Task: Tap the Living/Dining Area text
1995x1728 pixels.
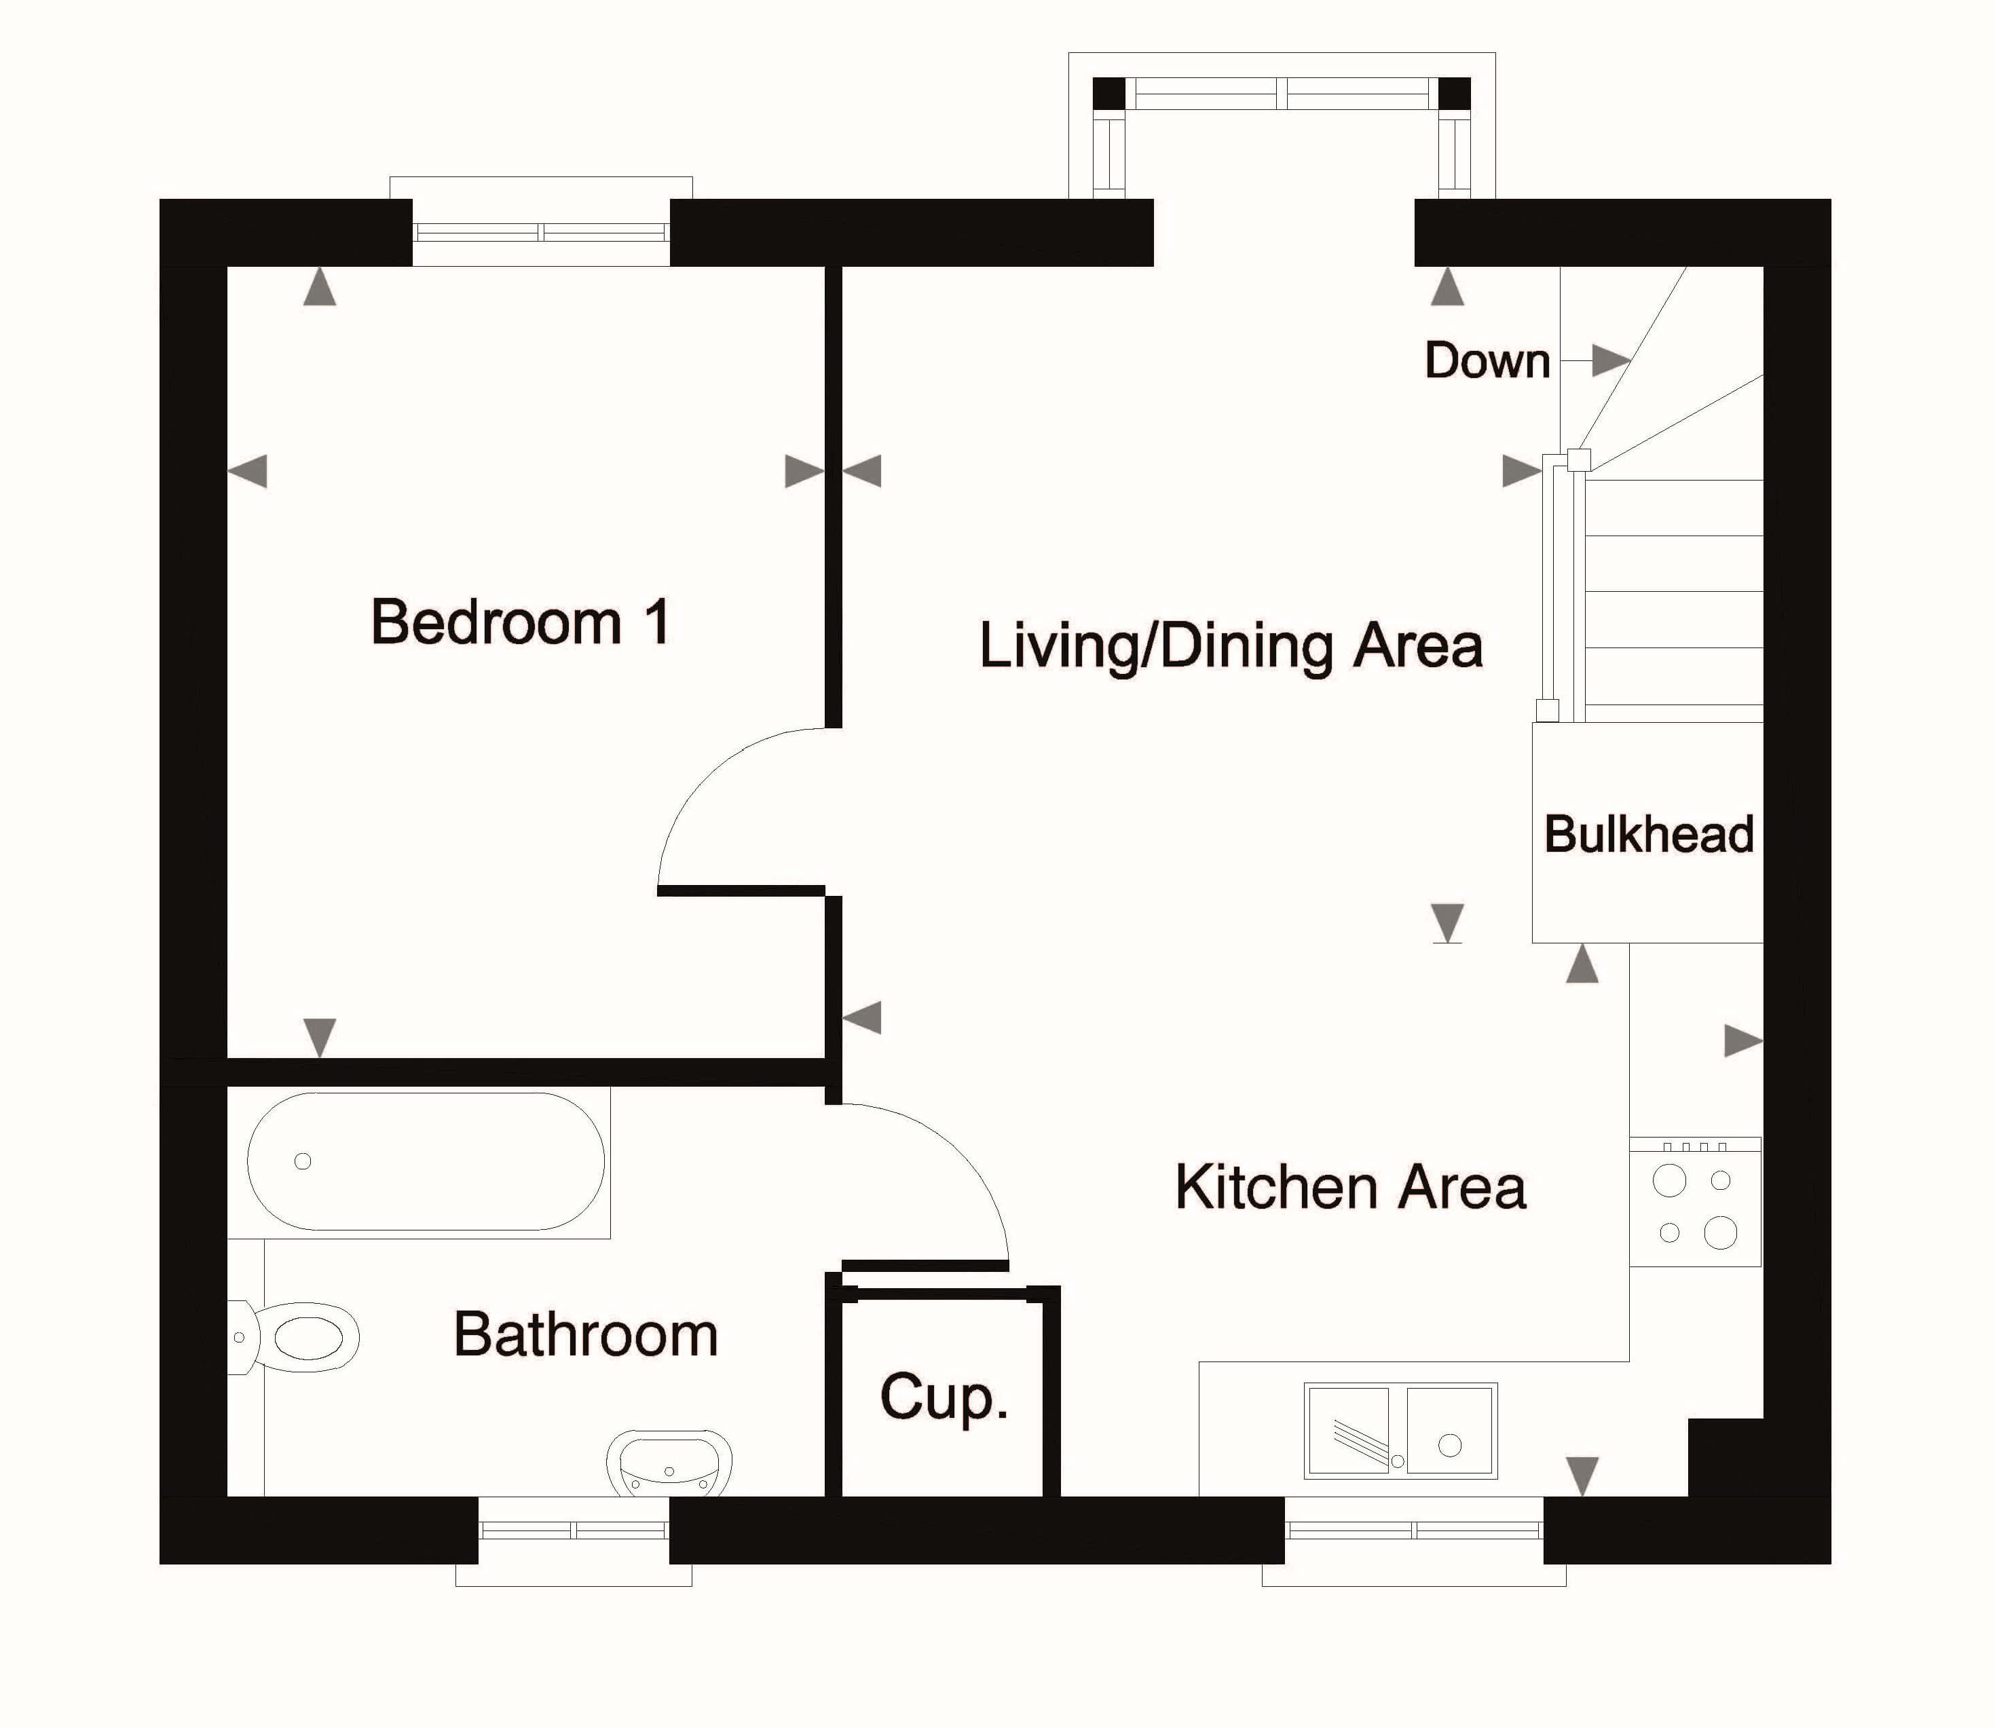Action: click(x=1231, y=647)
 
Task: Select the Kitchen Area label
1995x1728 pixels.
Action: click(x=1350, y=1187)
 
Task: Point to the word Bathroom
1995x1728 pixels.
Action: click(x=586, y=1336)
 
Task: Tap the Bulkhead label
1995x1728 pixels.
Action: click(x=1649, y=834)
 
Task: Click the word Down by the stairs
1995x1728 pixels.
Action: click(x=1487, y=360)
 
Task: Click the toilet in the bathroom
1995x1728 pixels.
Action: click(x=294, y=1338)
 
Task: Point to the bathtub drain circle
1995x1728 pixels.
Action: click(x=303, y=1161)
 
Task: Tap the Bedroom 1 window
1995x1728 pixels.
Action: click(x=541, y=232)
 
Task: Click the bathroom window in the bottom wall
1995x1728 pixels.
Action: click(x=574, y=1529)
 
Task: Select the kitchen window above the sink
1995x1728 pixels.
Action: click(x=1413, y=1529)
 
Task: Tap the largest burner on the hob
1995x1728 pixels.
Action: click(x=1720, y=1233)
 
